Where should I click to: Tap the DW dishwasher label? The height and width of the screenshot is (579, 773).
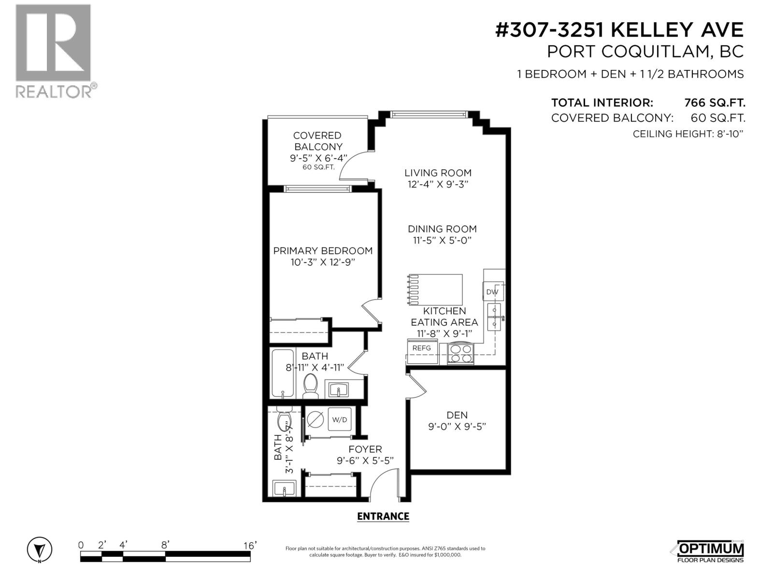click(492, 292)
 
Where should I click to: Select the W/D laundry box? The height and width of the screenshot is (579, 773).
click(340, 420)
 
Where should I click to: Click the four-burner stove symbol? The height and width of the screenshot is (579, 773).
click(460, 354)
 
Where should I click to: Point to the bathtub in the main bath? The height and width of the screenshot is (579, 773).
click(282, 373)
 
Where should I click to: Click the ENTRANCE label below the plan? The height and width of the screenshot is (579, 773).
click(383, 516)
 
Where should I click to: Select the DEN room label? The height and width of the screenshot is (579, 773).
click(457, 415)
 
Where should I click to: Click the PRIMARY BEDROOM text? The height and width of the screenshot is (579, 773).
click(323, 251)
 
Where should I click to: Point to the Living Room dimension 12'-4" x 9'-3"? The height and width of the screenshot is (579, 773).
click(438, 184)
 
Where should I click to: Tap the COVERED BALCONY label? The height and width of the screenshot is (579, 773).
click(317, 141)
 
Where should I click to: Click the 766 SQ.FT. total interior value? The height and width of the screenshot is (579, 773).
click(715, 103)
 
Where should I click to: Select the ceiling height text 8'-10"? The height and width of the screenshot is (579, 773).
click(728, 134)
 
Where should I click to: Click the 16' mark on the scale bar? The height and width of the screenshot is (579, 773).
click(250, 545)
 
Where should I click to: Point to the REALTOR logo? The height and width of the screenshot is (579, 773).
click(54, 51)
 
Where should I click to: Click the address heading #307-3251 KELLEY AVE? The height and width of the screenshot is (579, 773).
click(619, 30)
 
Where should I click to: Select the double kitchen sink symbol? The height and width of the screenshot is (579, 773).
click(494, 317)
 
